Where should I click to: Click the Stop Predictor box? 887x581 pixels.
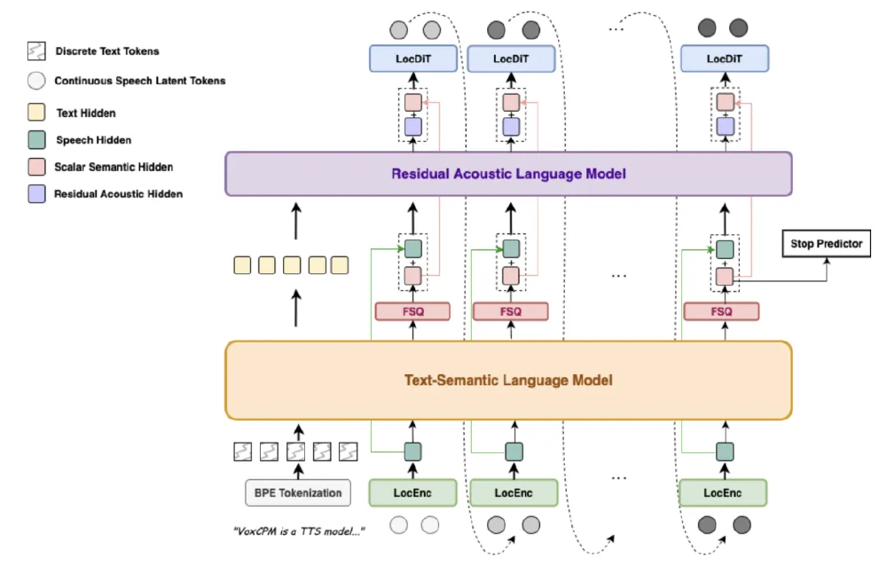click(x=827, y=243)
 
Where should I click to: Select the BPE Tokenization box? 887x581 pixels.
click(x=293, y=492)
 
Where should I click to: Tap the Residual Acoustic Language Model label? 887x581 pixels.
click(x=508, y=174)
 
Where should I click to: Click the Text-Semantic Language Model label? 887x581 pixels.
click(x=508, y=380)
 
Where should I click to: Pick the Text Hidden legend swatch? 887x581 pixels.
click(x=35, y=113)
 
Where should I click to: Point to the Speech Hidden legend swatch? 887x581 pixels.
click(x=35, y=139)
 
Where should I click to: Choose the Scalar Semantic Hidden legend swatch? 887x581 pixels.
click(x=35, y=166)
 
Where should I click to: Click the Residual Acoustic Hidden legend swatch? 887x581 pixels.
click(x=35, y=192)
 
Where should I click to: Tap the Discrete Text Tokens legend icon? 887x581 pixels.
click(x=35, y=51)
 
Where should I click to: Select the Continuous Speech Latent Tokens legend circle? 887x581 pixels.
click(x=35, y=81)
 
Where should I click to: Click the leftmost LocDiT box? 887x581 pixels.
click(x=413, y=59)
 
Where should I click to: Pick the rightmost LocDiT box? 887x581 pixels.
click(x=725, y=59)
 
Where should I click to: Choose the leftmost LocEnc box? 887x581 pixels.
click(x=413, y=492)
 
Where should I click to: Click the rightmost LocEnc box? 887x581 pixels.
click(x=723, y=492)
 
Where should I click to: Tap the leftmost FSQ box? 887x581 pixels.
click(x=412, y=311)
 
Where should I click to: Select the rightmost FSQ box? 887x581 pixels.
click(x=722, y=311)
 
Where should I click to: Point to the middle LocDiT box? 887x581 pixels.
click(x=511, y=59)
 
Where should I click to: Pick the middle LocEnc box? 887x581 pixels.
click(x=514, y=492)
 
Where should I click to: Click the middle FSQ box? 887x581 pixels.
click(x=511, y=311)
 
